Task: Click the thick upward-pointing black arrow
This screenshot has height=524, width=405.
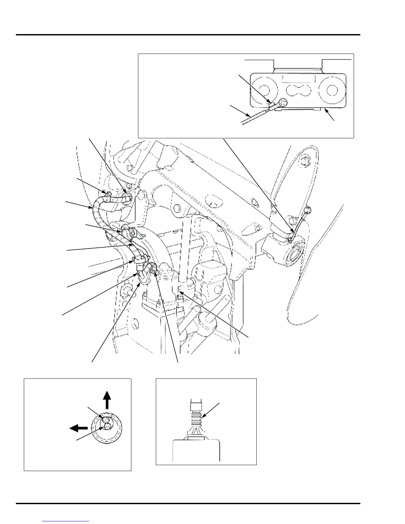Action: point(106,399)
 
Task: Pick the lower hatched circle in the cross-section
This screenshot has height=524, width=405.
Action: point(106,427)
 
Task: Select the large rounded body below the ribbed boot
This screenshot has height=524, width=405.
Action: point(197,450)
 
